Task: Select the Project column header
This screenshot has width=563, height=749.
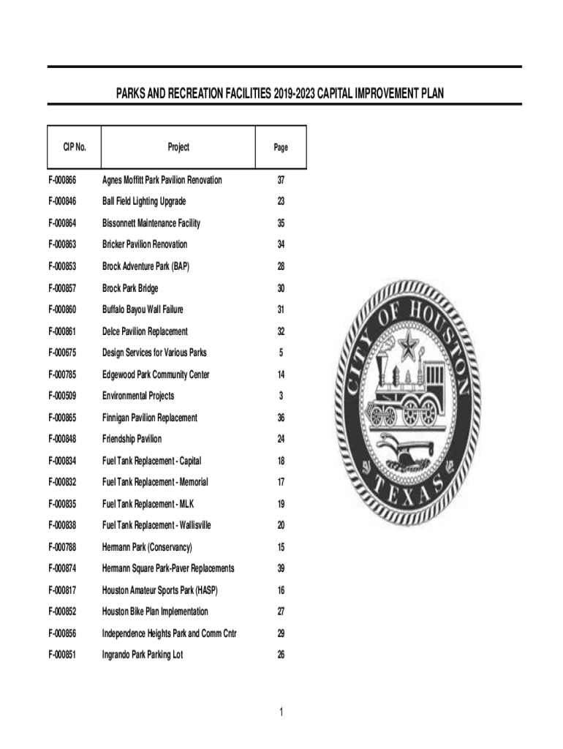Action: click(178, 147)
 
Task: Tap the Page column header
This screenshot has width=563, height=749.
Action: click(281, 147)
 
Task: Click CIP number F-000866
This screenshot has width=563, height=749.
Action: click(67, 180)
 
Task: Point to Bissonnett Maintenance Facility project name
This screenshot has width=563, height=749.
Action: click(151, 223)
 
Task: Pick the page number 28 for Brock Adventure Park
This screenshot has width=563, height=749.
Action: click(281, 266)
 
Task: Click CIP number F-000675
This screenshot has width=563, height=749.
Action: click(67, 353)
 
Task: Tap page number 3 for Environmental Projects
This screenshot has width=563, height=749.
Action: click(281, 396)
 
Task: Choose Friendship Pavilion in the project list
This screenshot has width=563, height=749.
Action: click(132, 439)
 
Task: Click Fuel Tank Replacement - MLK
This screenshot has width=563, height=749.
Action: click(148, 504)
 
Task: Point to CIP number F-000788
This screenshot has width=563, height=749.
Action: click(67, 547)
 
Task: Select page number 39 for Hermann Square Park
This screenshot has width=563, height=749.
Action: click(281, 568)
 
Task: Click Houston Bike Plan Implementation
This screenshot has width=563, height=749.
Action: click(155, 611)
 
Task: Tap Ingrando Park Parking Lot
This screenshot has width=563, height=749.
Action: click(143, 655)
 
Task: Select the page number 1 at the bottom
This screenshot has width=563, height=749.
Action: click(281, 712)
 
